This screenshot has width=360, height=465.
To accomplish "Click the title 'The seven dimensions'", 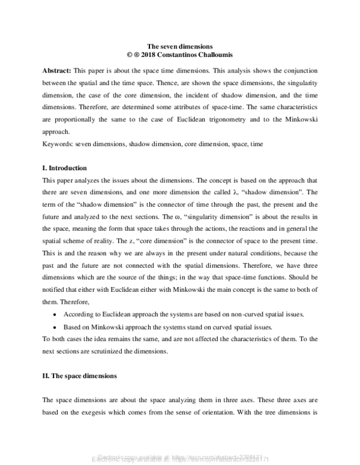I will pyautogui.click(x=180, y=46).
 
